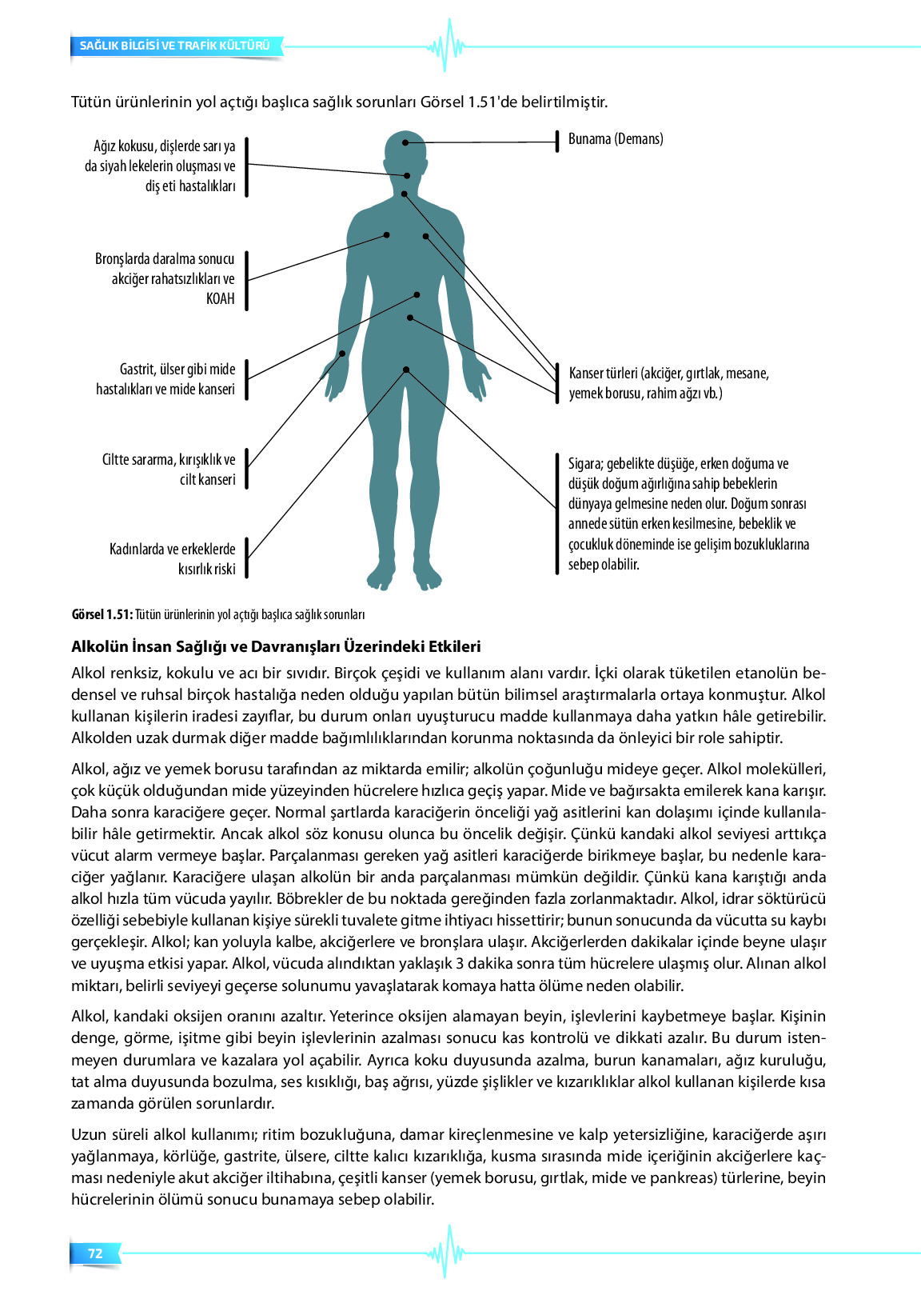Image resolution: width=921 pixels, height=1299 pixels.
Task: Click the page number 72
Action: point(95,1253)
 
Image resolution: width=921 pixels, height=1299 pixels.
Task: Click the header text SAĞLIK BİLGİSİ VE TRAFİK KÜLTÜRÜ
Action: point(174,46)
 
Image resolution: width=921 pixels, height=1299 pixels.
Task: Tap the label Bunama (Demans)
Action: point(616,139)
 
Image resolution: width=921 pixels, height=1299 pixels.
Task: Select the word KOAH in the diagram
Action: point(221,299)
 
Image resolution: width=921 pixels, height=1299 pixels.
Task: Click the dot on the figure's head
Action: point(406,142)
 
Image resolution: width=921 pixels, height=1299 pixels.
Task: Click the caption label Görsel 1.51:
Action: point(102,614)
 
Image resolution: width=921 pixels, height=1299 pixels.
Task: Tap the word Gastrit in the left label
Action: point(137,370)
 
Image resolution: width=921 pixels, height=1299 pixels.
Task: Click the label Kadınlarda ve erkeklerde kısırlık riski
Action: point(173,559)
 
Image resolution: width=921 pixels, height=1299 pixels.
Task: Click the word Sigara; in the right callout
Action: point(584,464)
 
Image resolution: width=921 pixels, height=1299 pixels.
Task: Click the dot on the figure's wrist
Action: point(342,354)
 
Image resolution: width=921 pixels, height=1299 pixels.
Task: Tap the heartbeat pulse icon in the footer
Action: point(447,1252)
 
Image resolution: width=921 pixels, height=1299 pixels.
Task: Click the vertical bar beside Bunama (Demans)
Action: point(557,142)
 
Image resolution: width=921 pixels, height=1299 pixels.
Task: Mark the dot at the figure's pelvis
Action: point(406,370)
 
